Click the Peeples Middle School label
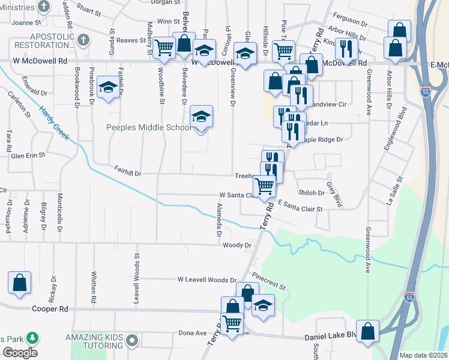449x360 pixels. pos(149,127)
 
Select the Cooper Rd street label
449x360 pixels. pos(52,309)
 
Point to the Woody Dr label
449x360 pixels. pos(236,245)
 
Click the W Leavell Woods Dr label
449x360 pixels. pos(207,280)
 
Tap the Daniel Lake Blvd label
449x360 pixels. pos(331,340)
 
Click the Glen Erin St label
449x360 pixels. pos(28,155)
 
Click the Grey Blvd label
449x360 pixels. pos(334,194)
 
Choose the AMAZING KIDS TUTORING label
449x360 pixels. pos(97,341)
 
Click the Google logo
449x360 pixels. pos(19,353)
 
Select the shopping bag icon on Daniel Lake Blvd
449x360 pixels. pos(367,330)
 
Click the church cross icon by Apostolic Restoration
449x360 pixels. pos(83,41)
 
